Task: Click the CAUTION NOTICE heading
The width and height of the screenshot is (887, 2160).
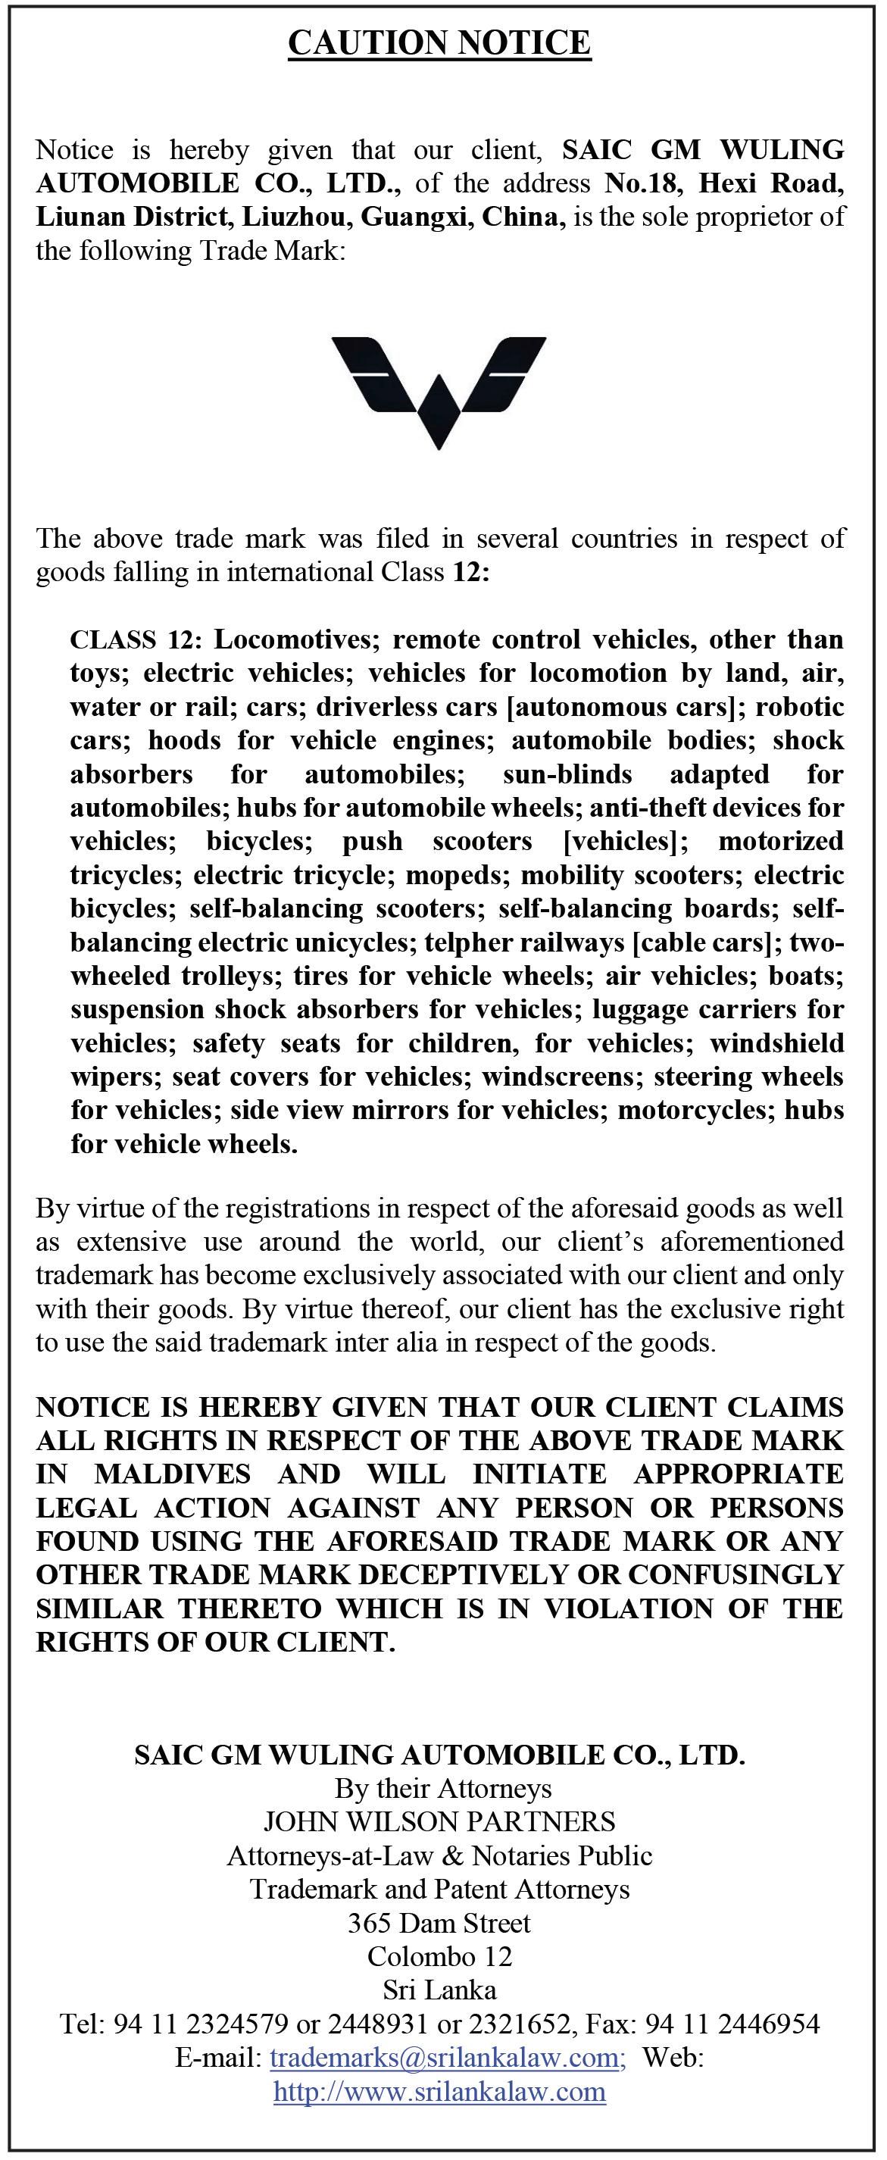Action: pyautogui.click(x=439, y=42)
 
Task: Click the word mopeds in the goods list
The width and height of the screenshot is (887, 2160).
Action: pyautogui.click(x=460, y=875)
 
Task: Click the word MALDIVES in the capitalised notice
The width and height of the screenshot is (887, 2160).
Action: pyautogui.click(x=172, y=1474)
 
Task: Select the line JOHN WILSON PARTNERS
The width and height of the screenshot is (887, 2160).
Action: pyautogui.click(x=439, y=1822)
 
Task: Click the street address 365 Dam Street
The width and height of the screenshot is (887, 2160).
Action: pyautogui.click(x=439, y=1923)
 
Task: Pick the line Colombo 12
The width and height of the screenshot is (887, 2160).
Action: pyautogui.click(x=439, y=1956)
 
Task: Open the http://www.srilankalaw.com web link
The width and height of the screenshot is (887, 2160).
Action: pyautogui.click(x=439, y=2091)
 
